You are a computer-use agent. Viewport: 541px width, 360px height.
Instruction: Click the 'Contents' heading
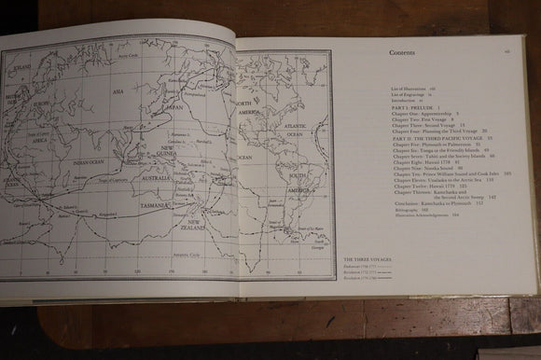click(407, 54)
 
